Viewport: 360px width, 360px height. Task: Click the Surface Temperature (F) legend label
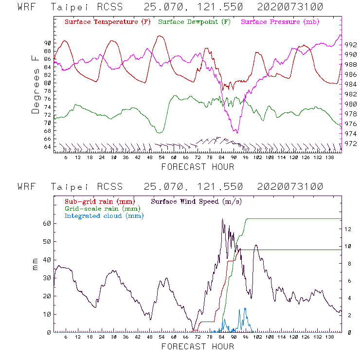[108, 22]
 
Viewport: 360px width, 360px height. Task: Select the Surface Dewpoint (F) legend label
[194, 22]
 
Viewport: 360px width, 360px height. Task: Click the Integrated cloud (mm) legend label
[104, 216]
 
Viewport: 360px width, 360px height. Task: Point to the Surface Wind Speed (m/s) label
[197, 201]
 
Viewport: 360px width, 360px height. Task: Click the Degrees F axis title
[36, 84]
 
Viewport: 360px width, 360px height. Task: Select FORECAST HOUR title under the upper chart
[198, 167]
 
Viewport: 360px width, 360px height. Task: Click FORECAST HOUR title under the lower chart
[198, 347]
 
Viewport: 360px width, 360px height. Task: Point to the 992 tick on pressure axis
[351, 44]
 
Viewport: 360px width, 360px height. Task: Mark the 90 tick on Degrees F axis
[47, 43]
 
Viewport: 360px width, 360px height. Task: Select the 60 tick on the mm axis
[47, 223]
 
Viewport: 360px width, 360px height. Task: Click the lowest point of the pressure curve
[236, 132]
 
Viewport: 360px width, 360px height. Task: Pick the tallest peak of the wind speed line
[222, 219]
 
